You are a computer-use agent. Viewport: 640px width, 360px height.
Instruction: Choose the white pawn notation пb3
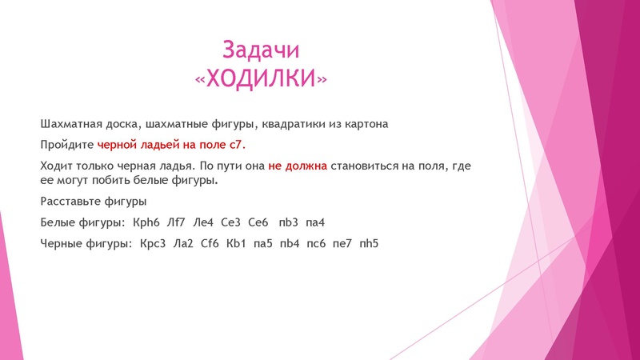pos(293,221)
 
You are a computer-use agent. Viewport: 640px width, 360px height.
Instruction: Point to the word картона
pos(366,124)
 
